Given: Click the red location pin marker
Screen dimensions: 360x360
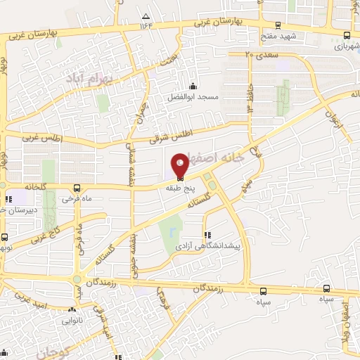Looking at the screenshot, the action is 180,165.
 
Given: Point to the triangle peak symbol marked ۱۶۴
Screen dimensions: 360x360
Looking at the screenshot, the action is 146,16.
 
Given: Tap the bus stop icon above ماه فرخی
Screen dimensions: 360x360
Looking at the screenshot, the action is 77,188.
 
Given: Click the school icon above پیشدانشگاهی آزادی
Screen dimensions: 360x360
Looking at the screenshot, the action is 206,235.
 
